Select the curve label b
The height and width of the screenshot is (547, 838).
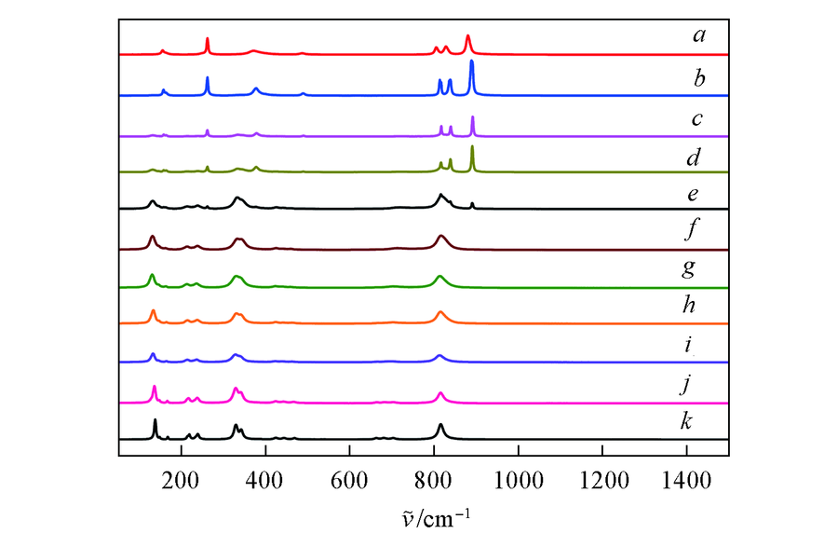[x=698, y=77]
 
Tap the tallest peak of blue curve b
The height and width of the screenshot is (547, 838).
[x=472, y=62]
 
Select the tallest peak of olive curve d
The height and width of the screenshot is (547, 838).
[x=472, y=147]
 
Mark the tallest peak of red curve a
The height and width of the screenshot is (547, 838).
[x=467, y=36]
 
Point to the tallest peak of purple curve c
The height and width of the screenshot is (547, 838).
[x=472, y=117]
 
